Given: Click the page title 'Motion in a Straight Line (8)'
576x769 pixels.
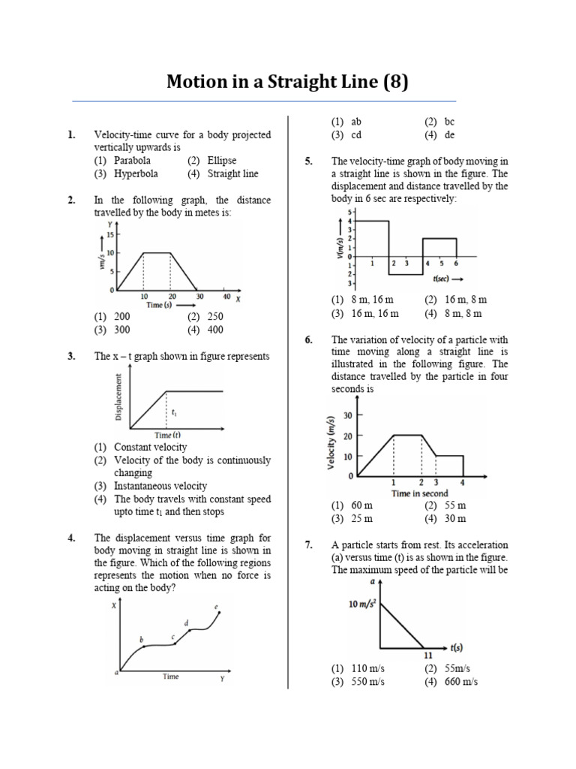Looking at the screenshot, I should coord(287,81).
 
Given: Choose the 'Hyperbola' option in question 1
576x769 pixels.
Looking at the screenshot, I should coord(135,173).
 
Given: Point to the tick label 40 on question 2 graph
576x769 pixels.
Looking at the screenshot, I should coord(226,297).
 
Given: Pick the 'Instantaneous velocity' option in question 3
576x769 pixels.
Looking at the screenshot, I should coord(160,486).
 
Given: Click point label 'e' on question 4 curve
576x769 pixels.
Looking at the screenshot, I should coord(217,606).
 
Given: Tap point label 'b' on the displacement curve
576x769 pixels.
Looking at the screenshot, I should coord(142,639).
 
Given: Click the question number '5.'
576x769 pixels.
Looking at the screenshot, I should coord(309,161).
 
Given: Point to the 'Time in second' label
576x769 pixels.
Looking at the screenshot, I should coord(419,493).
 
